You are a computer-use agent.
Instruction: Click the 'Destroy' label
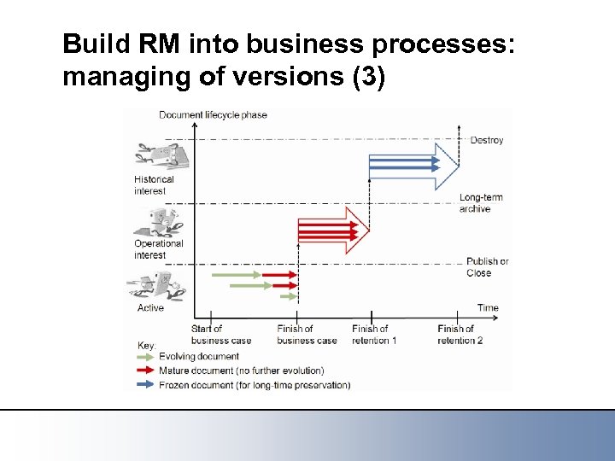pos(486,140)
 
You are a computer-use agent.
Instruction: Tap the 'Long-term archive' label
pos(480,203)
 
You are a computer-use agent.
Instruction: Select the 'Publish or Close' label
pos(487,267)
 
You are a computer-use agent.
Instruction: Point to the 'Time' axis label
pos(488,307)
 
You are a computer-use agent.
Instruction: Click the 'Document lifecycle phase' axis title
pos(213,115)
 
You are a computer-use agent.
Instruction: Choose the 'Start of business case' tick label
pos(220,335)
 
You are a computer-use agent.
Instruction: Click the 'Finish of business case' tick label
pos(307,335)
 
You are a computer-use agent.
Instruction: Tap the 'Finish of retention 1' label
pos(374,335)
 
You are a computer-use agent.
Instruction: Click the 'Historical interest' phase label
pos(154,185)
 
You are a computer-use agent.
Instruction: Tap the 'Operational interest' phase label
pos(158,249)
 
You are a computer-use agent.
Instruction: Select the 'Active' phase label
pos(150,307)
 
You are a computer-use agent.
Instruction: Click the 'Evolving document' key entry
pos(198,357)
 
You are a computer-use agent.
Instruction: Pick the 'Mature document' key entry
pos(241,371)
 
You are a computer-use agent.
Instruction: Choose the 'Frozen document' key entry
pos(254,385)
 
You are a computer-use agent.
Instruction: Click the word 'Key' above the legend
pos(146,346)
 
